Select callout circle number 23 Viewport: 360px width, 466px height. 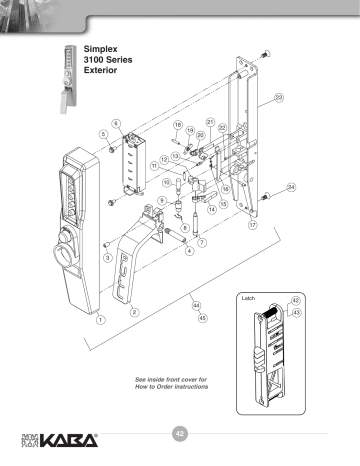(279, 97)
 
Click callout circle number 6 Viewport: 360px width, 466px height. (116, 123)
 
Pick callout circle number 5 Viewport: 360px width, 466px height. (104, 133)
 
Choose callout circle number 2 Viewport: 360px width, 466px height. (133, 312)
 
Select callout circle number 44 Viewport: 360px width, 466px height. (196, 304)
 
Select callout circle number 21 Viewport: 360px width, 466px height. (210, 121)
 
